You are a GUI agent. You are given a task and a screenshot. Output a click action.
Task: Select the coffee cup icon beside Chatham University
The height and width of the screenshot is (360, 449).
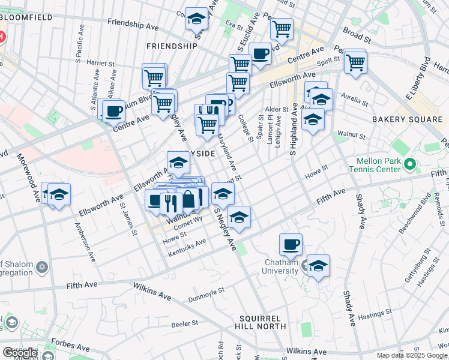click(x=291, y=244)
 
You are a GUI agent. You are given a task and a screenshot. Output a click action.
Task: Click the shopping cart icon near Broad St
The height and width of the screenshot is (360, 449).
click(x=281, y=28)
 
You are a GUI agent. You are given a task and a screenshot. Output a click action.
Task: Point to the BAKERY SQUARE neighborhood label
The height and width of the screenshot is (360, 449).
click(x=406, y=120)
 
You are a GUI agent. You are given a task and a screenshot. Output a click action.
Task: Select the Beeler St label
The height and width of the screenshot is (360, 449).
click(x=184, y=323)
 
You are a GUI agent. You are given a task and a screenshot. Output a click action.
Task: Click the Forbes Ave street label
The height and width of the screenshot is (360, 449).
click(x=74, y=348)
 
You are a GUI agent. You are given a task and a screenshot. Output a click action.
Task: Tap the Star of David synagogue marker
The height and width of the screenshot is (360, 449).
click(x=41, y=266)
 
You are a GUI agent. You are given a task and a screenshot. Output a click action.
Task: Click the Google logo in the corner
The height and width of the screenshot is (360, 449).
click(x=19, y=353)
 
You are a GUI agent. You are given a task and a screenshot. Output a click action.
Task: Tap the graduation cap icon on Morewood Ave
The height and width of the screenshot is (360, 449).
click(x=59, y=194)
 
